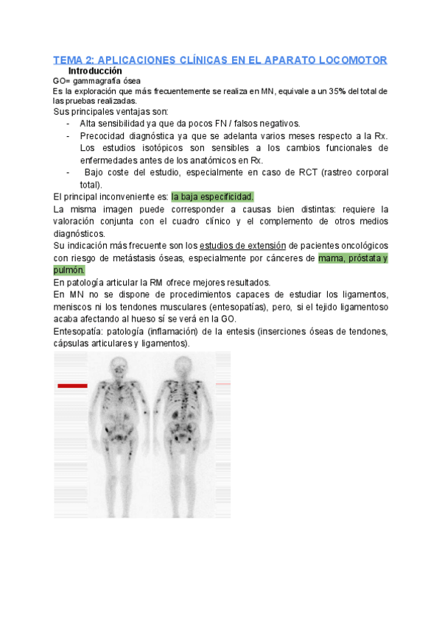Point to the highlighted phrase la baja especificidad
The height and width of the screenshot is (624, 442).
pyautogui.click(x=212, y=196)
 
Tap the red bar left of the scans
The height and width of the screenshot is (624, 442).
pyautogui.click(x=71, y=386)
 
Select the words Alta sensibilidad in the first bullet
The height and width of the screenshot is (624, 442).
pyautogui.click(x=115, y=124)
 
